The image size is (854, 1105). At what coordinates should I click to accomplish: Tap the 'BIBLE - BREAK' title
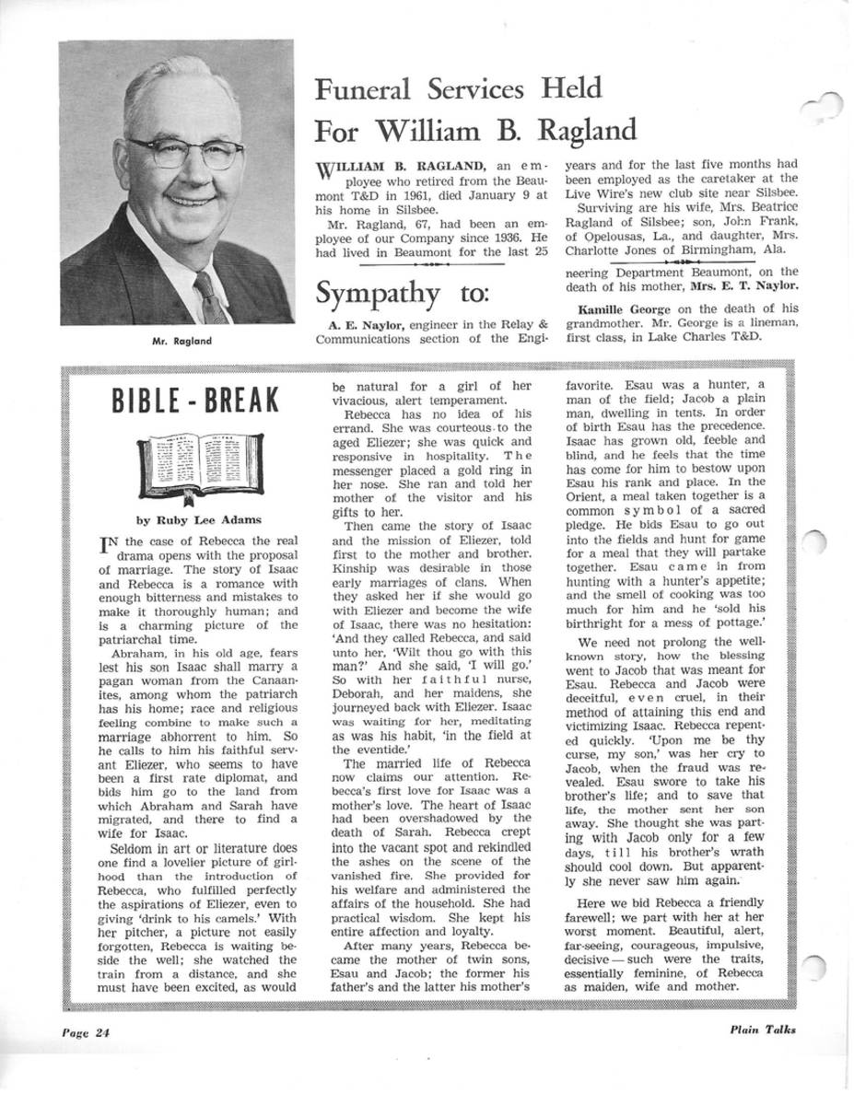coord(193,401)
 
